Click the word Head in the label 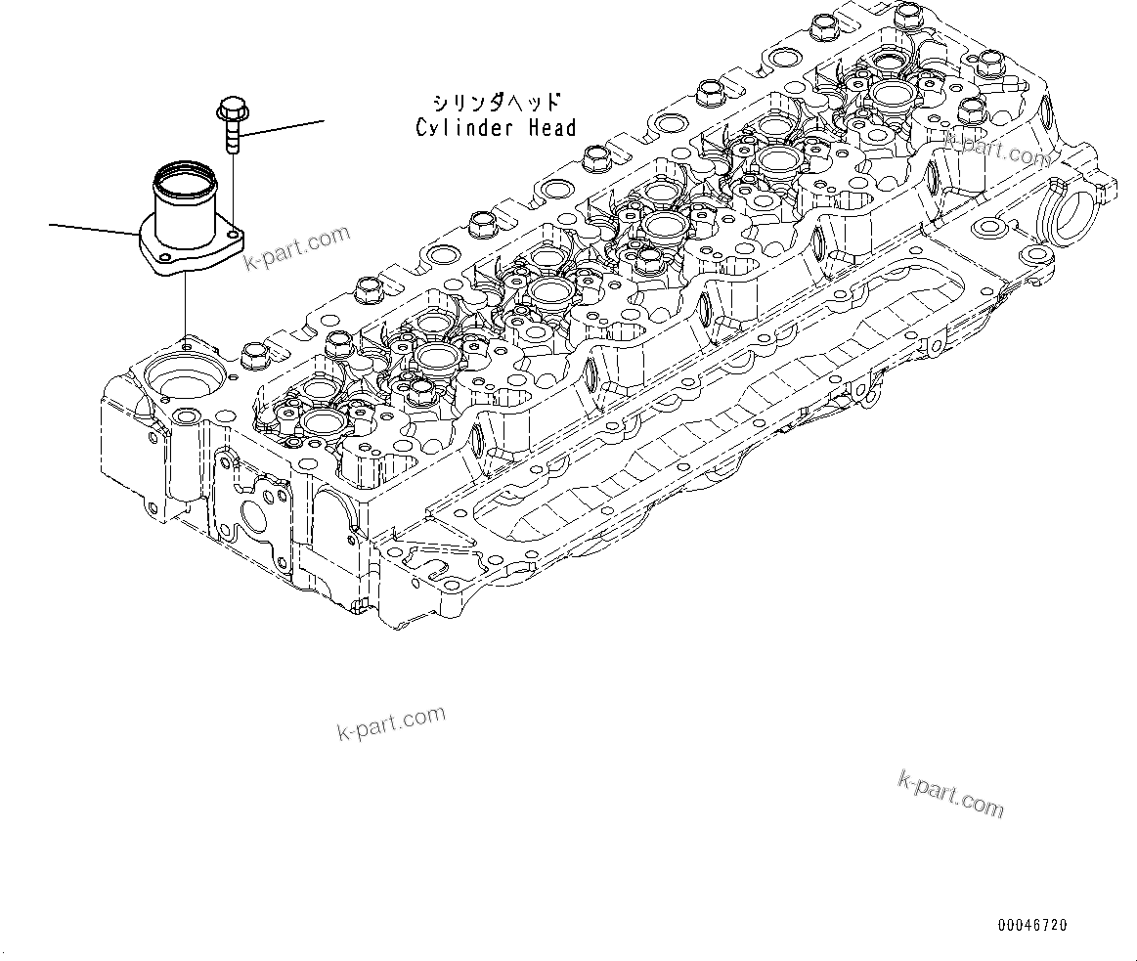coord(551,127)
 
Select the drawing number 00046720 coord(1032,925)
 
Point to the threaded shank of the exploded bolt coord(232,137)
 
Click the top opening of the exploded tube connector coord(182,180)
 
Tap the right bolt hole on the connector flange coord(235,236)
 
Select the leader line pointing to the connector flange coord(93,230)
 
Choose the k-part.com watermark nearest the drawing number coord(950,793)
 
